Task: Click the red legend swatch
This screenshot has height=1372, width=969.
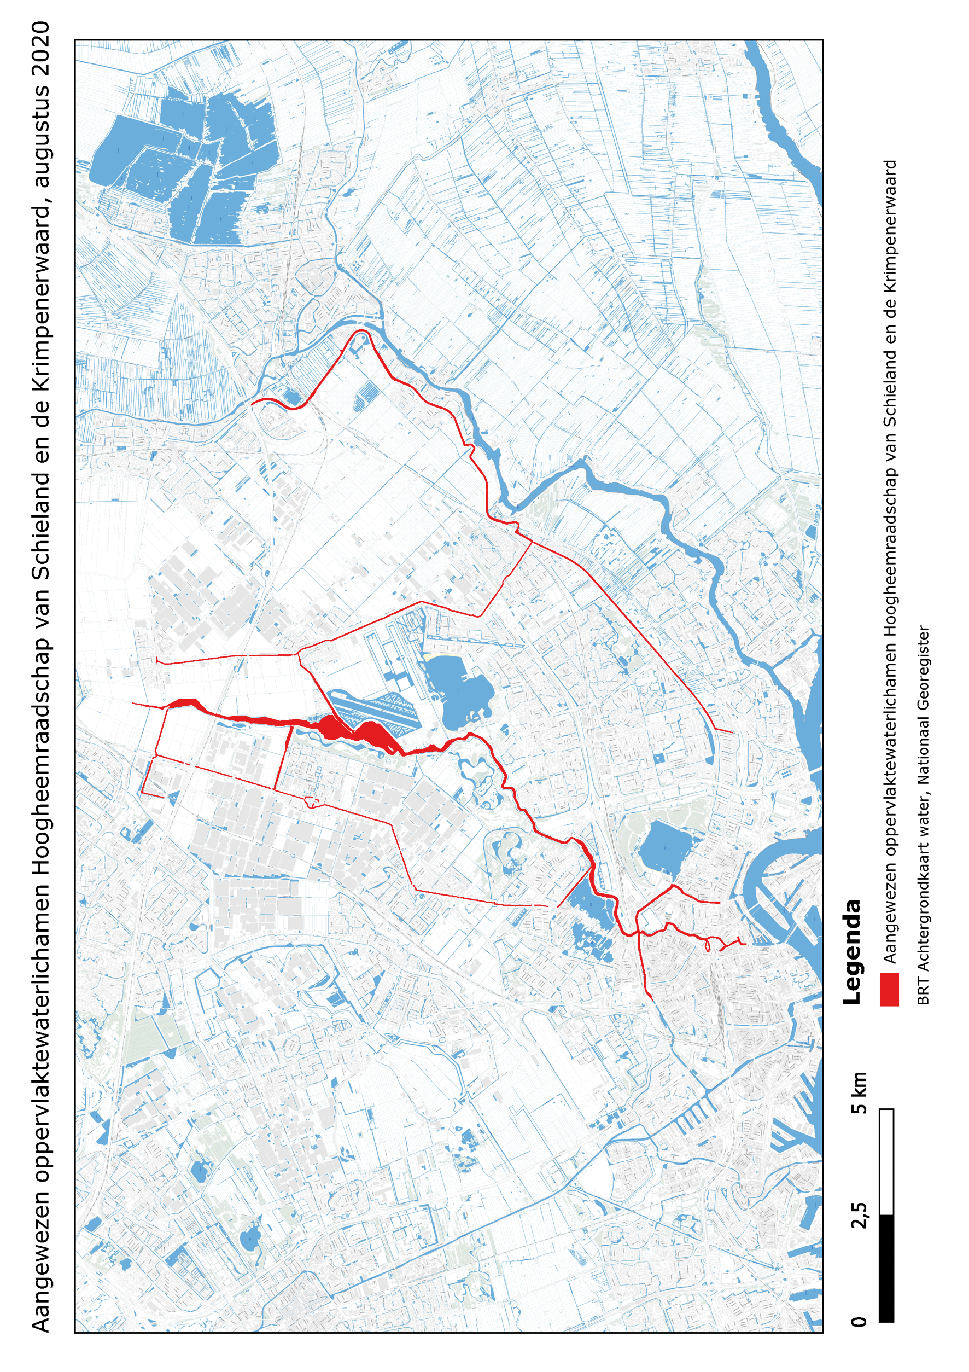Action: click(x=889, y=990)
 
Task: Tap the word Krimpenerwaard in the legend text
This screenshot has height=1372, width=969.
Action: click(x=890, y=232)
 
